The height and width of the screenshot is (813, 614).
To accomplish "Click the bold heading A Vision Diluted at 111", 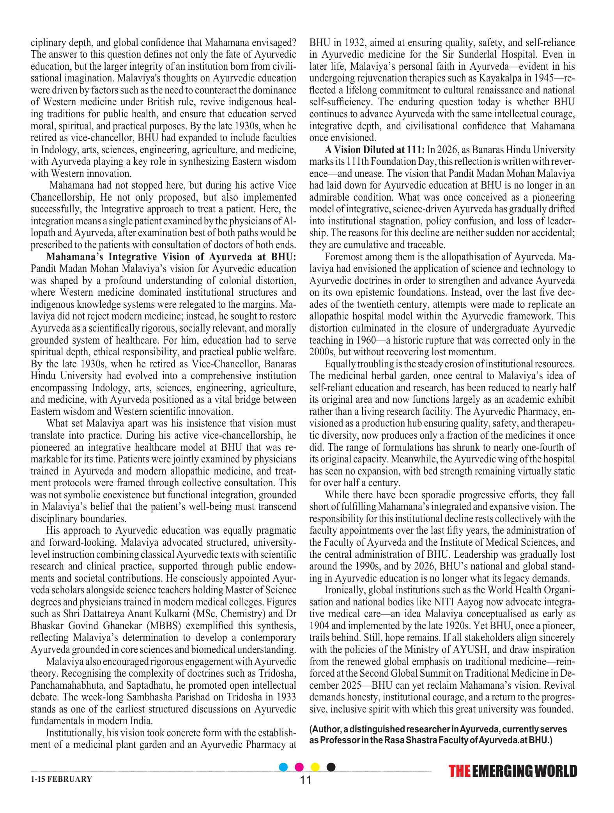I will click(375, 150).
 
